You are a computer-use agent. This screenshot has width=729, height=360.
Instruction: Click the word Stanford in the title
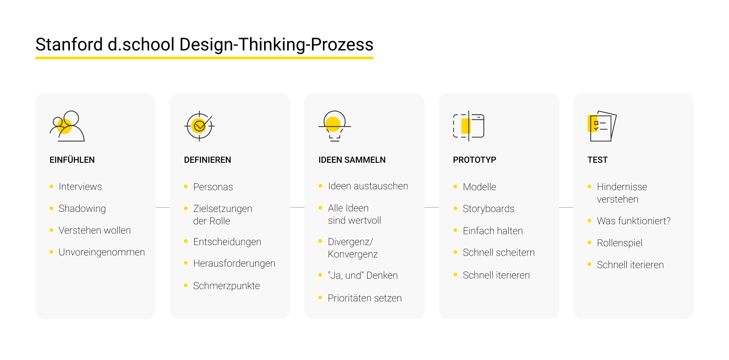point(69,45)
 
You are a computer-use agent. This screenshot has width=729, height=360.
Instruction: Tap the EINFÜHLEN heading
point(72,160)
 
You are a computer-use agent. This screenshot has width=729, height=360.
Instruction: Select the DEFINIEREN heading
point(207,160)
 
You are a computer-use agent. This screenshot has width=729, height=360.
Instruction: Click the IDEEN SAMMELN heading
point(352,160)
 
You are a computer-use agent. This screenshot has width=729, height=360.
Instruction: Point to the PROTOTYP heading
point(474,160)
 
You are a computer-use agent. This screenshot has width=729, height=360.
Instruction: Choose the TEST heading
point(597,160)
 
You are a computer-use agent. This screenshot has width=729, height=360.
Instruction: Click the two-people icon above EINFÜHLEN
point(67,126)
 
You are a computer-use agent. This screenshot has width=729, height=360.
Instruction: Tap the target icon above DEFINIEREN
point(200,126)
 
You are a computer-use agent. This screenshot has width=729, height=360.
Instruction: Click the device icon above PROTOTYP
point(468,126)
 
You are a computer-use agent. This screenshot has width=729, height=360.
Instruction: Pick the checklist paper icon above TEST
point(602,126)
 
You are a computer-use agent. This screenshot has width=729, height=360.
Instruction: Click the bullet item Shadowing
point(82,209)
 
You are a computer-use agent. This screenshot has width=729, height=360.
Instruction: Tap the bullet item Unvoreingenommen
point(102,252)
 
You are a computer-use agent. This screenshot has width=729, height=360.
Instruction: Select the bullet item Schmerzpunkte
point(226,286)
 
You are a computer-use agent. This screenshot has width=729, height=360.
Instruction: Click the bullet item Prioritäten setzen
point(364,298)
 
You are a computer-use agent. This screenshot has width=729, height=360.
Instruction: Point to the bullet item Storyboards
point(488,209)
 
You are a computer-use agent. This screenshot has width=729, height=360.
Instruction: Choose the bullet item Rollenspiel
point(619,243)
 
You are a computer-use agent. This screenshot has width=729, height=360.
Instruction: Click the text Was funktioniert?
point(633,221)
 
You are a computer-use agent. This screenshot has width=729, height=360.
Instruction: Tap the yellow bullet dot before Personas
point(186,187)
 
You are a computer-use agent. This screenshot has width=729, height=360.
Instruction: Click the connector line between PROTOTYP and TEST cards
point(566,207)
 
